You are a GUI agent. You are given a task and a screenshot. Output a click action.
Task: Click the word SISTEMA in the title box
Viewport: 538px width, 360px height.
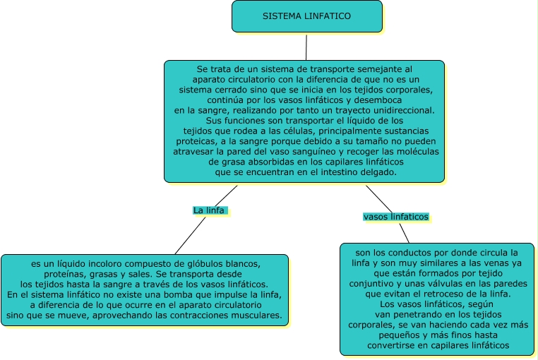tap(280, 16)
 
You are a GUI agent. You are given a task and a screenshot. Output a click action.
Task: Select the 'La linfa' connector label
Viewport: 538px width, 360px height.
tap(210, 210)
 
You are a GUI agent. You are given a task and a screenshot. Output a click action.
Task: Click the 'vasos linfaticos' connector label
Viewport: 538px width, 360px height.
tap(395, 217)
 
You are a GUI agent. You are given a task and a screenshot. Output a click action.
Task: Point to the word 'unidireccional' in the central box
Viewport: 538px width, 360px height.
tap(403, 110)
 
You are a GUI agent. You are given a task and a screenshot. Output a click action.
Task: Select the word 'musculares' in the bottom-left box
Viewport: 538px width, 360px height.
tap(255, 314)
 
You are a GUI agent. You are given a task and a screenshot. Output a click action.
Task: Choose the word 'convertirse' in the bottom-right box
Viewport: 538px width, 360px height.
tap(393, 345)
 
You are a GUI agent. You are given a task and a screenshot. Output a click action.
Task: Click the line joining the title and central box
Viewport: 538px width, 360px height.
tap(306, 47)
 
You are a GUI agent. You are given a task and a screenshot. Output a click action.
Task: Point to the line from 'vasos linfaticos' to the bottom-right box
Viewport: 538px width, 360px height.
tap(404, 233)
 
